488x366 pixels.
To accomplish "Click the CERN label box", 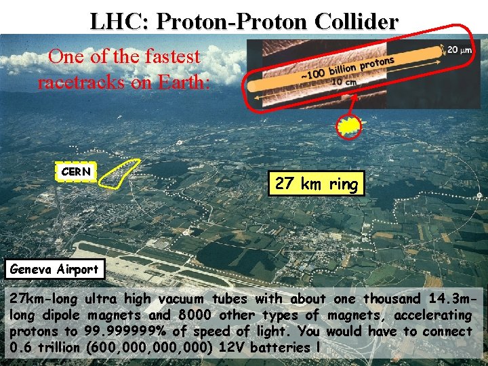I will pos(75,172).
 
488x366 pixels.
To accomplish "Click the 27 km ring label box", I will pos(316,183).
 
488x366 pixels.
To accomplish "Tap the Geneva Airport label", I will pos(54,269).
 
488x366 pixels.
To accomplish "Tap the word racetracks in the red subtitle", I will pos(77,83).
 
